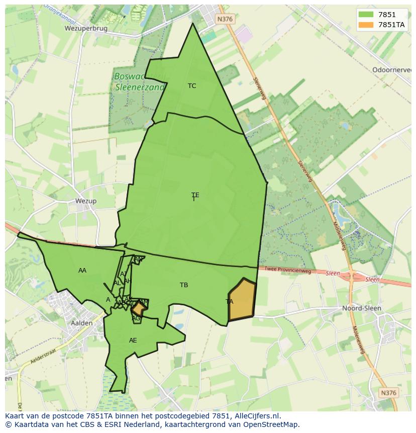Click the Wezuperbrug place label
pos(86,29)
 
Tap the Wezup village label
pos(85,201)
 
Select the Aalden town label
pos(81,323)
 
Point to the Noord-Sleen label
pos(361,308)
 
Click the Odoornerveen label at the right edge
pos(392,70)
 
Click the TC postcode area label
pos(192,86)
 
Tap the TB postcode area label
pos(184,285)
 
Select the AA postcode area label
pos(82,271)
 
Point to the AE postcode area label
pos(133,340)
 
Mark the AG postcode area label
pos(136,318)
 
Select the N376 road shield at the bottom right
pos(388,393)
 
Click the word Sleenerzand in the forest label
pos(140,86)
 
